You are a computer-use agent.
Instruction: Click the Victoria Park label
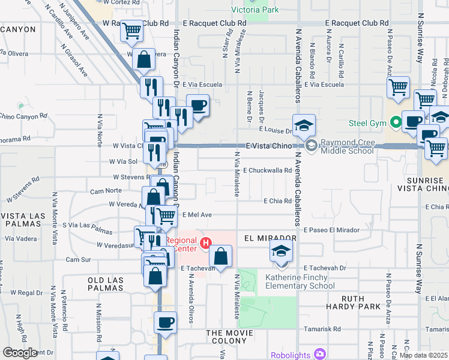[x=255, y=10]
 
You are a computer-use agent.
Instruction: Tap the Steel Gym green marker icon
[x=396, y=124]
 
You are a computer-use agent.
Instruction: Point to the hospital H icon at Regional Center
[x=206, y=244]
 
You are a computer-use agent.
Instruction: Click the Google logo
[x=20, y=353]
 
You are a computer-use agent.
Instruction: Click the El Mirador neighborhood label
[x=271, y=238]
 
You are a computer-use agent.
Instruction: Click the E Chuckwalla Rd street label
[x=267, y=170]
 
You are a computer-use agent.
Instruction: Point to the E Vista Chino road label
[x=270, y=146]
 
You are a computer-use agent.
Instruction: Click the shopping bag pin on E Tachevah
[x=221, y=256]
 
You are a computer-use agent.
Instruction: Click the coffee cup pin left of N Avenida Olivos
[x=164, y=323]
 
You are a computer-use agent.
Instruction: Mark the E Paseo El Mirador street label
[x=331, y=230]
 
